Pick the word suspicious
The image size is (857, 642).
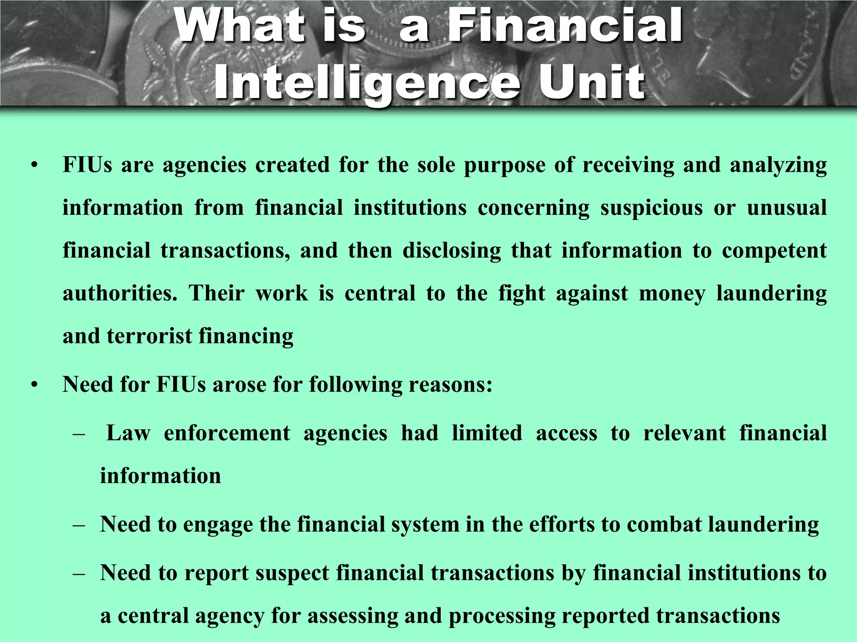pos(652,208)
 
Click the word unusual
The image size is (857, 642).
pos(787,208)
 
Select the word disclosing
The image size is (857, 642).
pos(452,251)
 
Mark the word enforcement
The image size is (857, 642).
pos(227,433)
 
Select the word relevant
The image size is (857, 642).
pos(685,433)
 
